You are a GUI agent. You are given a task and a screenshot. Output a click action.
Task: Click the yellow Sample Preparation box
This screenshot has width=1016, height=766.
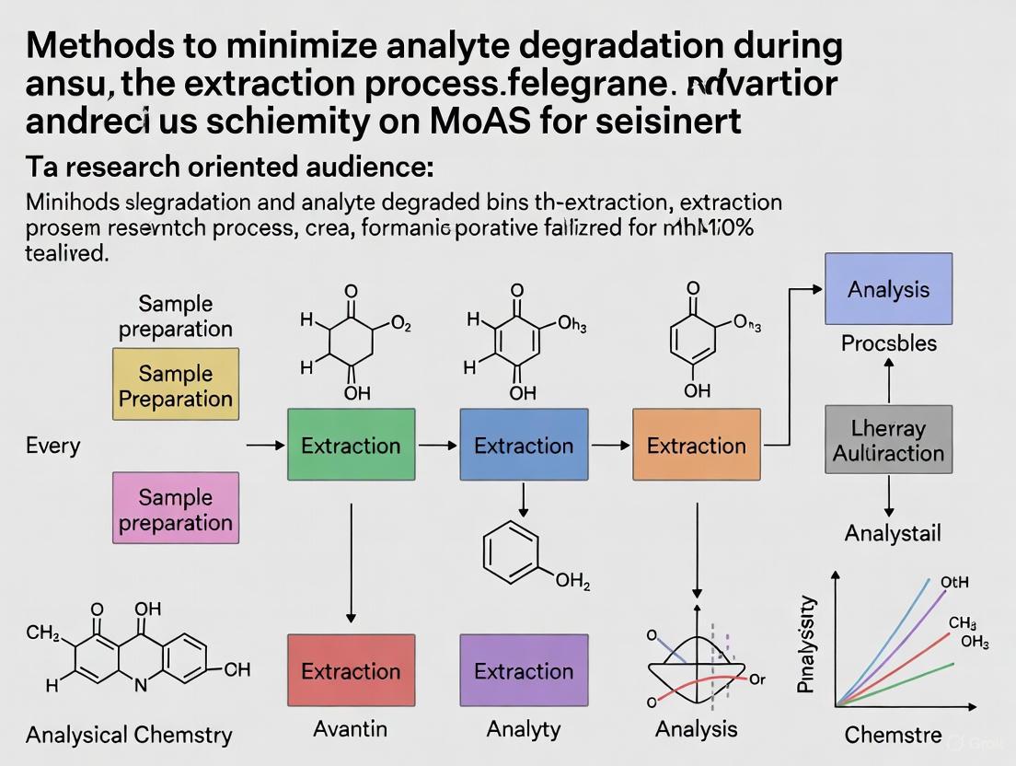(x=175, y=386)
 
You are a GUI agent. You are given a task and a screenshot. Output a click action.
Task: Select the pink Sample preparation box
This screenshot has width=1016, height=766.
(x=175, y=509)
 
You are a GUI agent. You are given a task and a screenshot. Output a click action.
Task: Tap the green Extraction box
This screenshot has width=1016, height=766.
(x=351, y=446)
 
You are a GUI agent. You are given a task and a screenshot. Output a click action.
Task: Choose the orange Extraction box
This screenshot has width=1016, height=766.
(x=697, y=446)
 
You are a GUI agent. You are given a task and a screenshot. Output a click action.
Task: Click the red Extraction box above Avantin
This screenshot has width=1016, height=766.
(x=351, y=670)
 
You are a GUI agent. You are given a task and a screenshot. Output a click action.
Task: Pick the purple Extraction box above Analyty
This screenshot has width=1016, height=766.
(x=524, y=670)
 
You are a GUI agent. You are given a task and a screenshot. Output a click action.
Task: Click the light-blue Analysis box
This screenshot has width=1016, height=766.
(x=888, y=289)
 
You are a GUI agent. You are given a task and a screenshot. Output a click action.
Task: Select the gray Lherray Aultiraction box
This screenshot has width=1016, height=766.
(x=888, y=440)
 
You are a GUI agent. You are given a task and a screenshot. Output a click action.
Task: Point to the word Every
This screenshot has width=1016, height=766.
(x=52, y=447)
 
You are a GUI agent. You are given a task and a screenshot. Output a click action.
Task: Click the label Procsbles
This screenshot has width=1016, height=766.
(x=888, y=344)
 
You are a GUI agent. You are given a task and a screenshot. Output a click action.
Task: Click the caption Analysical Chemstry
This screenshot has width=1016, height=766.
(x=129, y=735)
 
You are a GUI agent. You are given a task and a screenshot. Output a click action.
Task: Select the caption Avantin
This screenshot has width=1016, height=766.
(x=350, y=729)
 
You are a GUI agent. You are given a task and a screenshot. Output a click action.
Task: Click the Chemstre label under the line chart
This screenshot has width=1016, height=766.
(x=893, y=735)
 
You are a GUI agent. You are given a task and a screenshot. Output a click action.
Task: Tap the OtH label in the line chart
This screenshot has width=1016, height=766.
(x=953, y=583)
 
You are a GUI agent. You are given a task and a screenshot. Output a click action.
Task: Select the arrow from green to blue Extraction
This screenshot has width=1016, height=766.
(x=444, y=446)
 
